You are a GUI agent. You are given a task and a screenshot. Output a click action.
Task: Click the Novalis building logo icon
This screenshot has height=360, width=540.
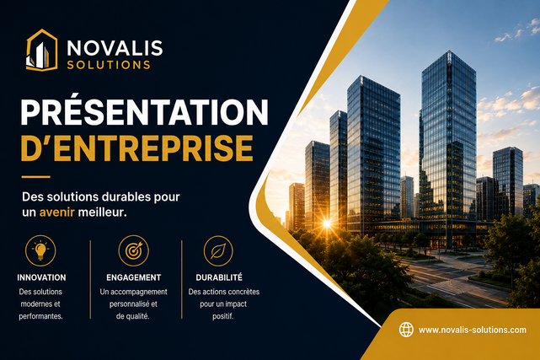tap(41, 51)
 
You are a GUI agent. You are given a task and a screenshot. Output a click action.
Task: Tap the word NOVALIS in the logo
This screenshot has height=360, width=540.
tap(115, 48)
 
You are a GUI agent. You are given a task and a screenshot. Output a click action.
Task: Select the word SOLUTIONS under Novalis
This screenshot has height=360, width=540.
tap(109, 65)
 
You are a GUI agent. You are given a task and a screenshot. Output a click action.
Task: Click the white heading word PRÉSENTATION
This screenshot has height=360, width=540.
tap(144, 112)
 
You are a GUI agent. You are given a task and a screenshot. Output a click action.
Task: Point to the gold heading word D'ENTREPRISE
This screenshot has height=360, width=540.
tap(137, 148)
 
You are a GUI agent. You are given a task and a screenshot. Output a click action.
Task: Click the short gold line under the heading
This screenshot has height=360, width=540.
tap(36, 177)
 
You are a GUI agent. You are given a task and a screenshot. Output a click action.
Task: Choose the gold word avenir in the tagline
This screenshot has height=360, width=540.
tap(56, 212)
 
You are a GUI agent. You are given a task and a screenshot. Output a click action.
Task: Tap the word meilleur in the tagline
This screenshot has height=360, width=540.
tap(102, 212)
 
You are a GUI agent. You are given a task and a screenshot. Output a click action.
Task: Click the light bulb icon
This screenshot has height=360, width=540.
tap(40, 250)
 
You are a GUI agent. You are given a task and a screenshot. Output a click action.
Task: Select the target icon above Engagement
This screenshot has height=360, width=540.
tap(134, 250)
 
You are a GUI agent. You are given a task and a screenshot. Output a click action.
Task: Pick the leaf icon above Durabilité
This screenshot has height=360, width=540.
tap(218, 250)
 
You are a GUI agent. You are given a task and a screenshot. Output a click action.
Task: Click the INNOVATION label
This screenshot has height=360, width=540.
tap(41, 277)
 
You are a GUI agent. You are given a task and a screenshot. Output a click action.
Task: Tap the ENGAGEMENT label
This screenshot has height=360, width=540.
tap(134, 277)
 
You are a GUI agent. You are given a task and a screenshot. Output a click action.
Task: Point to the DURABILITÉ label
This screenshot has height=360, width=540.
tap(219, 277)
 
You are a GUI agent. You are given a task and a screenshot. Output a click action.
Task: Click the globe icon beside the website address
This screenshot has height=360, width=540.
tap(406, 330)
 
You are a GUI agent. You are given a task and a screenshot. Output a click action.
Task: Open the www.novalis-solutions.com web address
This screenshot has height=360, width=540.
tap(473, 330)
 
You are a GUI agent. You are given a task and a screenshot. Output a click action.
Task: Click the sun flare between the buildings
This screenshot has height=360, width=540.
tap(327, 224)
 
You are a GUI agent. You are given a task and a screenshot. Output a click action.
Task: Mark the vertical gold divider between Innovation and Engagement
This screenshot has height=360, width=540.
tap(91, 279)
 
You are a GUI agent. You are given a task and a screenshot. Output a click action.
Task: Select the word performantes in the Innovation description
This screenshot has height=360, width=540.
tap(41, 316)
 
